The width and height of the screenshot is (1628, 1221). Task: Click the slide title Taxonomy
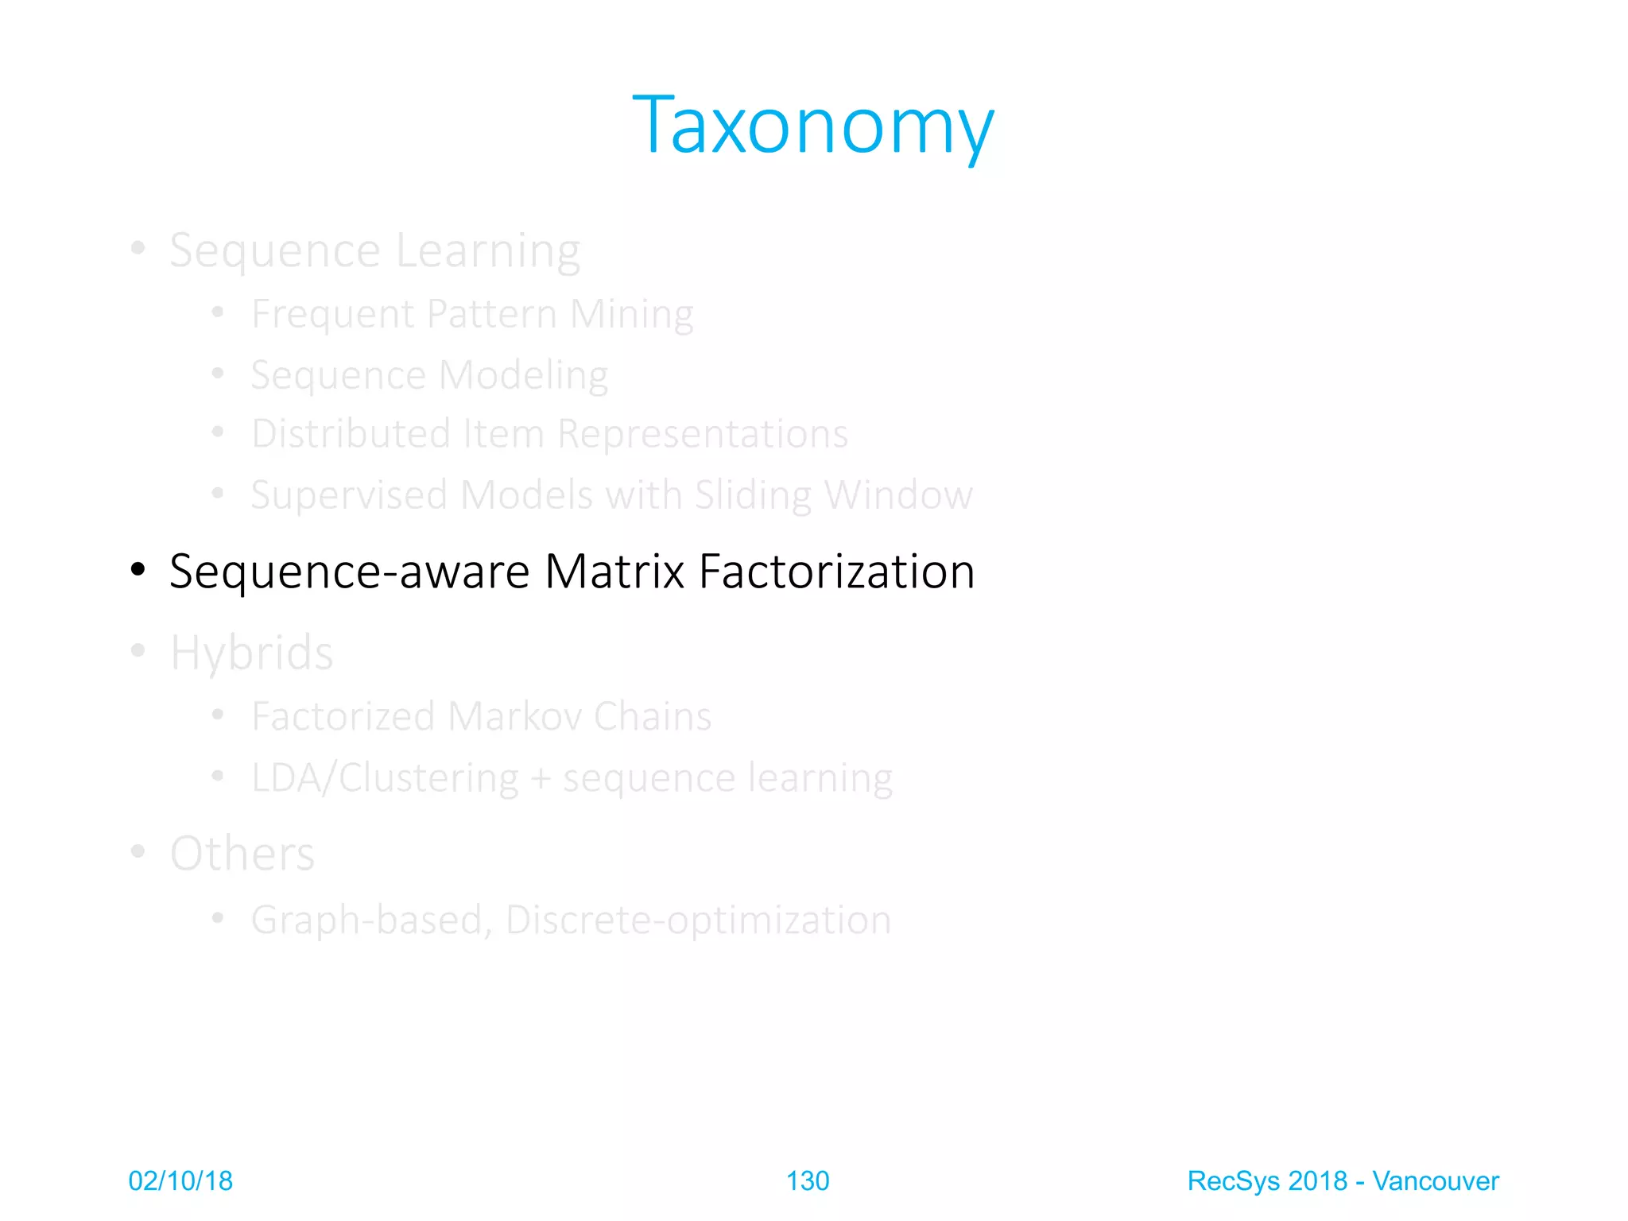point(812,126)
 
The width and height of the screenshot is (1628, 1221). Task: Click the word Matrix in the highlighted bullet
point(614,572)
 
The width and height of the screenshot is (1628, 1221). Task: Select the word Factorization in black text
point(836,572)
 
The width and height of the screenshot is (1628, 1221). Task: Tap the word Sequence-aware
point(349,572)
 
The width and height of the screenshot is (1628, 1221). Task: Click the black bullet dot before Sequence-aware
point(138,569)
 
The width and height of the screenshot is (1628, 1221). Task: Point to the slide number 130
point(807,1181)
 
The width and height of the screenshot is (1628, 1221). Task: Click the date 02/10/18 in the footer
point(180,1181)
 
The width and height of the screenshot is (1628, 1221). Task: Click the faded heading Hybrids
point(251,653)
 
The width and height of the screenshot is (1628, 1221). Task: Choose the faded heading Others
point(242,854)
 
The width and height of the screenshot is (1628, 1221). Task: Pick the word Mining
point(632,314)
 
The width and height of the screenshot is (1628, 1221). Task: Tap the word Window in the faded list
point(898,495)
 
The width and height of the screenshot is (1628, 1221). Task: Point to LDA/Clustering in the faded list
point(385,777)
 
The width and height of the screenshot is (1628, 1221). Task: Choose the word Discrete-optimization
point(698,920)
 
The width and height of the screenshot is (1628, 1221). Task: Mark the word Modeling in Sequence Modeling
point(523,375)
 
